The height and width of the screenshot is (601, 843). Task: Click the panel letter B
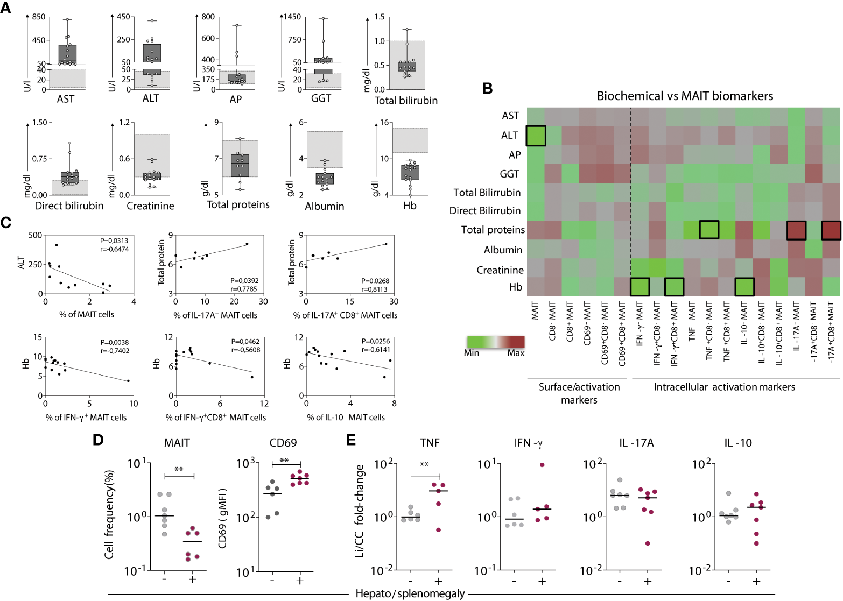(x=487, y=89)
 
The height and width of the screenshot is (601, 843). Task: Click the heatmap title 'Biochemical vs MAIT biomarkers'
(x=685, y=96)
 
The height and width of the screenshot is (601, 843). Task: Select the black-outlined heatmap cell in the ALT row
(x=536, y=136)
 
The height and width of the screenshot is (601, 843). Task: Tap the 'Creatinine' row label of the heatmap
(x=500, y=270)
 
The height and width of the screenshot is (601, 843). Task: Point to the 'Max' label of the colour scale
(x=515, y=353)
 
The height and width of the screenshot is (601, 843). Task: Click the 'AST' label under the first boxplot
(x=66, y=99)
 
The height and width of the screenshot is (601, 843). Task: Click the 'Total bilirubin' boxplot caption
(x=406, y=101)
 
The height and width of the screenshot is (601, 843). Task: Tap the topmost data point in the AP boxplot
(x=236, y=25)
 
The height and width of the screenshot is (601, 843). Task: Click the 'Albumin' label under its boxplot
(x=324, y=206)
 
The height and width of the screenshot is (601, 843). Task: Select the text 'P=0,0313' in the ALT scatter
(x=114, y=241)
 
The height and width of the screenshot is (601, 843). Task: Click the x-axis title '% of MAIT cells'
(x=87, y=314)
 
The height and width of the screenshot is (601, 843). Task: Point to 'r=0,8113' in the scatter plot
(x=375, y=289)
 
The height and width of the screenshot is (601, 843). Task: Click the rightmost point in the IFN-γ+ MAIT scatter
(x=128, y=381)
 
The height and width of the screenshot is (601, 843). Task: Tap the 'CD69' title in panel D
(x=283, y=443)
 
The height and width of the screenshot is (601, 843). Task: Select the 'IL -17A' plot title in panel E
(x=636, y=443)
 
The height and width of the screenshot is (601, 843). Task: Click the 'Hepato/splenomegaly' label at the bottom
(x=410, y=593)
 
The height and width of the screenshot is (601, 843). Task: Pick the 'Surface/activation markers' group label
(x=579, y=393)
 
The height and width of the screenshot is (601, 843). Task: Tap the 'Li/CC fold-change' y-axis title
(x=360, y=511)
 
